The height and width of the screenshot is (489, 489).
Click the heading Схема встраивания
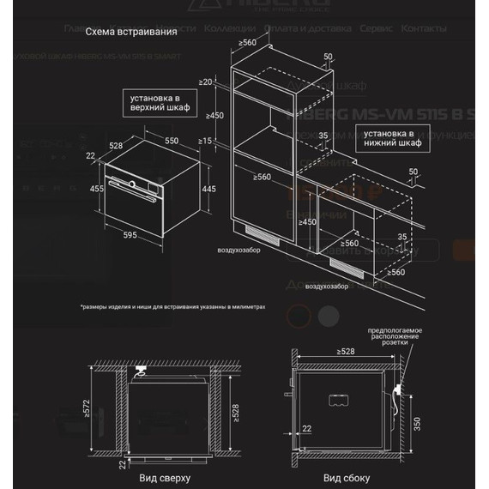point(131,32)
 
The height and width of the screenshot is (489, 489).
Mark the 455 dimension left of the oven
point(98,189)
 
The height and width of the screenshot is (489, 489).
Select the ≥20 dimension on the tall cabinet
point(207,82)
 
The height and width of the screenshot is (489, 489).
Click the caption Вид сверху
point(165,477)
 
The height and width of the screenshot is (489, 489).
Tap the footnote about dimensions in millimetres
point(173,305)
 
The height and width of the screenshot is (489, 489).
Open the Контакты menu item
point(424,28)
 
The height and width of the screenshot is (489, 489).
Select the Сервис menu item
point(377,28)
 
